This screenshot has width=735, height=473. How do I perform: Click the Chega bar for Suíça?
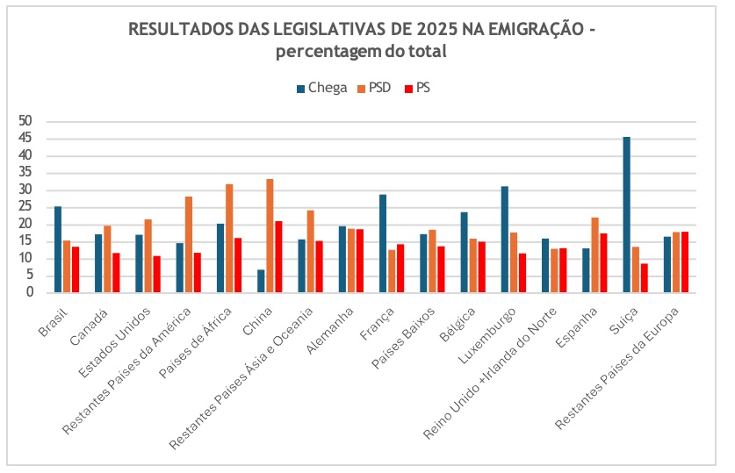[627, 215]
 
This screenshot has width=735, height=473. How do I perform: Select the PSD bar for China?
[270, 236]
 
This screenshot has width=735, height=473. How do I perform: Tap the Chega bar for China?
[261, 281]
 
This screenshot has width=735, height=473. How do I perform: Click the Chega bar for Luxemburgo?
[505, 240]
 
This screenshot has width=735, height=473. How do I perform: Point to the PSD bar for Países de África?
[229, 238]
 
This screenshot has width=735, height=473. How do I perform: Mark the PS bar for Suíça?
[645, 278]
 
